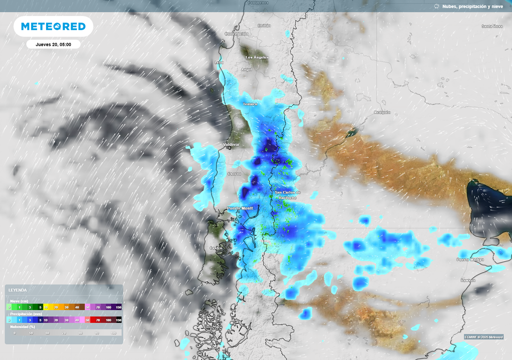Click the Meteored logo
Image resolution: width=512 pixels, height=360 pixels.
tap(53, 26)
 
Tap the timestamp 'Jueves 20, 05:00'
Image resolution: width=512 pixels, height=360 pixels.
tap(53, 44)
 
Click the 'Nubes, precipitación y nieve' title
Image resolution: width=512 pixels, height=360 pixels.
tap(468, 6)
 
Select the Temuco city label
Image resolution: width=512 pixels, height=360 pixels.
tap(250, 104)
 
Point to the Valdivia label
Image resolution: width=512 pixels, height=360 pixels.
tap(230, 144)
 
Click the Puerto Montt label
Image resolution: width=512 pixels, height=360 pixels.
tap(240, 208)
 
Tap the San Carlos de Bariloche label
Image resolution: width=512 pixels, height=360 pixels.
tap(287, 195)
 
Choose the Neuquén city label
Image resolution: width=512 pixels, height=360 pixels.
tap(382, 112)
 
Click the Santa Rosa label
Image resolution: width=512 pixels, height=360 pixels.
tap(492, 26)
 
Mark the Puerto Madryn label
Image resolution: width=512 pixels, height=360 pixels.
tap(470, 259)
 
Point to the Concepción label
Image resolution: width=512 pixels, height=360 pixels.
tap(236, 34)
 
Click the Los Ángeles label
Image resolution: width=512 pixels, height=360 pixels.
tap(257, 57)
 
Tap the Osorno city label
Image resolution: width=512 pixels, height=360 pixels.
tap(234, 173)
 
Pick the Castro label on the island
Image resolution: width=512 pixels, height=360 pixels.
tap(216, 248)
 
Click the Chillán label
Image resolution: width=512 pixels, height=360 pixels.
tap(264, 25)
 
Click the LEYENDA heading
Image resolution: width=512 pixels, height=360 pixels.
tap(17, 290)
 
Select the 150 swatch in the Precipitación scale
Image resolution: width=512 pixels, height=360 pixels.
tap(118, 319)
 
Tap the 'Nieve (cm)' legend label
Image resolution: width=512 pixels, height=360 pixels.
tap(19, 301)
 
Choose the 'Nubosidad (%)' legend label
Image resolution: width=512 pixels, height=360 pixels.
tap(22, 326)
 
